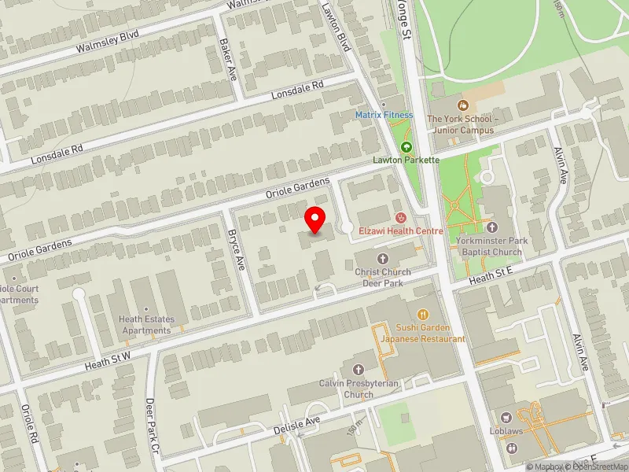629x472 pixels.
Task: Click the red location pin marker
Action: [x=315, y=218]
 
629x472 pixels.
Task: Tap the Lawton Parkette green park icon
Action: [x=406, y=147]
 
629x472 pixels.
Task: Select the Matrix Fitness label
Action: [x=384, y=115]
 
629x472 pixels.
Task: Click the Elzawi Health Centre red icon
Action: [x=400, y=217]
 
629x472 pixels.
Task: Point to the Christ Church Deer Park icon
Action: [x=383, y=259]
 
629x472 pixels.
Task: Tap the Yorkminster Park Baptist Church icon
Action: [x=491, y=227]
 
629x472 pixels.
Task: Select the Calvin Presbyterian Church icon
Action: [x=359, y=369]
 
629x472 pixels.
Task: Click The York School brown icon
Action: [x=462, y=105]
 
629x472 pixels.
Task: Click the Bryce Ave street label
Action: [x=235, y=251]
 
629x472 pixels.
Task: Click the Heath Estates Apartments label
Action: [x=145, y=325]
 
